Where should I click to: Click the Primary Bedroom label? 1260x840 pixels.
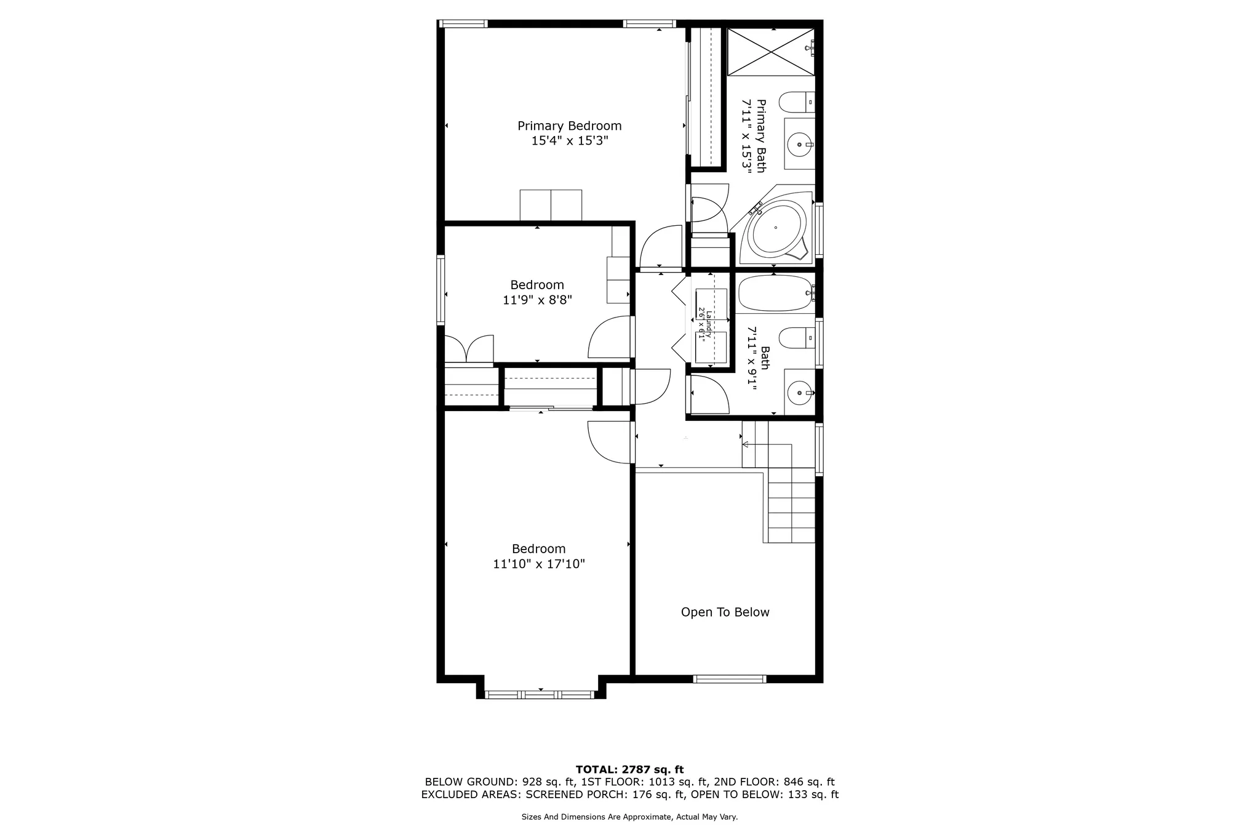click(x=569, y=126)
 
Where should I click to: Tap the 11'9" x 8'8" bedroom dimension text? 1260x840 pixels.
click(x=537, y=300)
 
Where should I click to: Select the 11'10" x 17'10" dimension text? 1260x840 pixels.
click(x=538, y=564)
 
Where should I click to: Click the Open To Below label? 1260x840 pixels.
click(x=725, y=612)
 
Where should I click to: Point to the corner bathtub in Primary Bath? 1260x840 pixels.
click(x=775, y=230)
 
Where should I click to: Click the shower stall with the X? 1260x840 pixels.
click(x=770, y=52)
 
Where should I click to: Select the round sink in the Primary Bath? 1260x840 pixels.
click(x=799, y=145)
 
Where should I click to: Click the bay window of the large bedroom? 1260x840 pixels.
click(x=540, y=694)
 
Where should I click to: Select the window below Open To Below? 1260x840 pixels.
click(x=729, y=679)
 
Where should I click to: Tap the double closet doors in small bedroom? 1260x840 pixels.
click(x=469, y=349)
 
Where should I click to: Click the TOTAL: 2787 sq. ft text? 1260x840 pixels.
click(x=629, y=769)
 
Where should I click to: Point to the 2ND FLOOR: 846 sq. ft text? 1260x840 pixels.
click(x=773, y=782)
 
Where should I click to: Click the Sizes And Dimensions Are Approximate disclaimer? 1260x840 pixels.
click(x=629, y=817)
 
